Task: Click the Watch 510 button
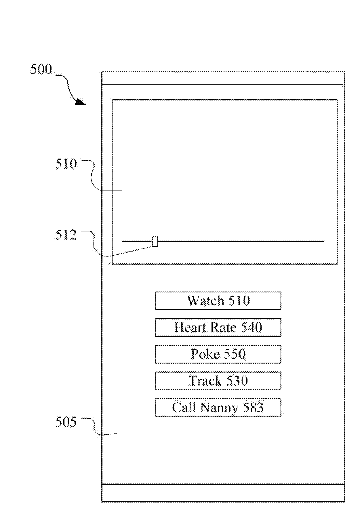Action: click(218, 301)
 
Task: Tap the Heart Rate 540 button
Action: click(218, 328)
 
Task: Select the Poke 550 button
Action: click(218, 354)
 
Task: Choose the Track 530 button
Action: click(218, 381)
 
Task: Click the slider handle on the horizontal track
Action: click(155, 241)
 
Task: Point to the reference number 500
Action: click(41, 70)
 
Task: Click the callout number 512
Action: click(66, 235)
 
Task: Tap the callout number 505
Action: click(66, 422)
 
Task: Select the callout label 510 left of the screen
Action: click(66, 164)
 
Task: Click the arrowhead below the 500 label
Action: click(80, 102)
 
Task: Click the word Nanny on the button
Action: click(219, 408)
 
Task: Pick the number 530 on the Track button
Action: click(236, 381)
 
